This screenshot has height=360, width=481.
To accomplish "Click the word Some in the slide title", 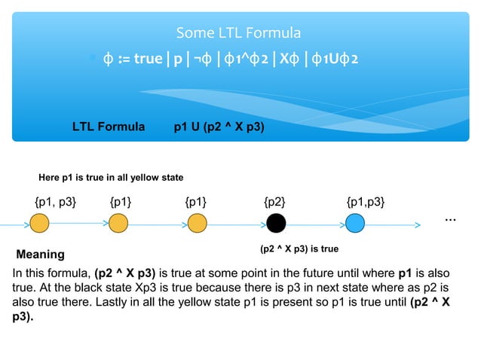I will click(191, 33).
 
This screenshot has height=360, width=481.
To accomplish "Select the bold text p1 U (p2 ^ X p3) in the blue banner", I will click(219, 127).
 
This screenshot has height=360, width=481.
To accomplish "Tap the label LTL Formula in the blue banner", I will click(109, 127).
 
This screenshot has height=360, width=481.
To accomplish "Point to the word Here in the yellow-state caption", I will click(49, 178).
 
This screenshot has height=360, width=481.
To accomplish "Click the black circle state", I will click(276, 223).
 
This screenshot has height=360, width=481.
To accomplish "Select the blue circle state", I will click(355, 223).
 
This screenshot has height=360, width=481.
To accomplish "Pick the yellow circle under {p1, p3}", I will click(40, 223).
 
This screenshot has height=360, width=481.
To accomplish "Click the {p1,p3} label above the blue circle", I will click(366, 201).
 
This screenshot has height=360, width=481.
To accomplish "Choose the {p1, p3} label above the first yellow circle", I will click(55, 201).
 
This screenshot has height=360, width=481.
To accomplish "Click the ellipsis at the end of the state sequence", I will click(450, 218).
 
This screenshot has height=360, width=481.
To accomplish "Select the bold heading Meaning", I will click(41, 255).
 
